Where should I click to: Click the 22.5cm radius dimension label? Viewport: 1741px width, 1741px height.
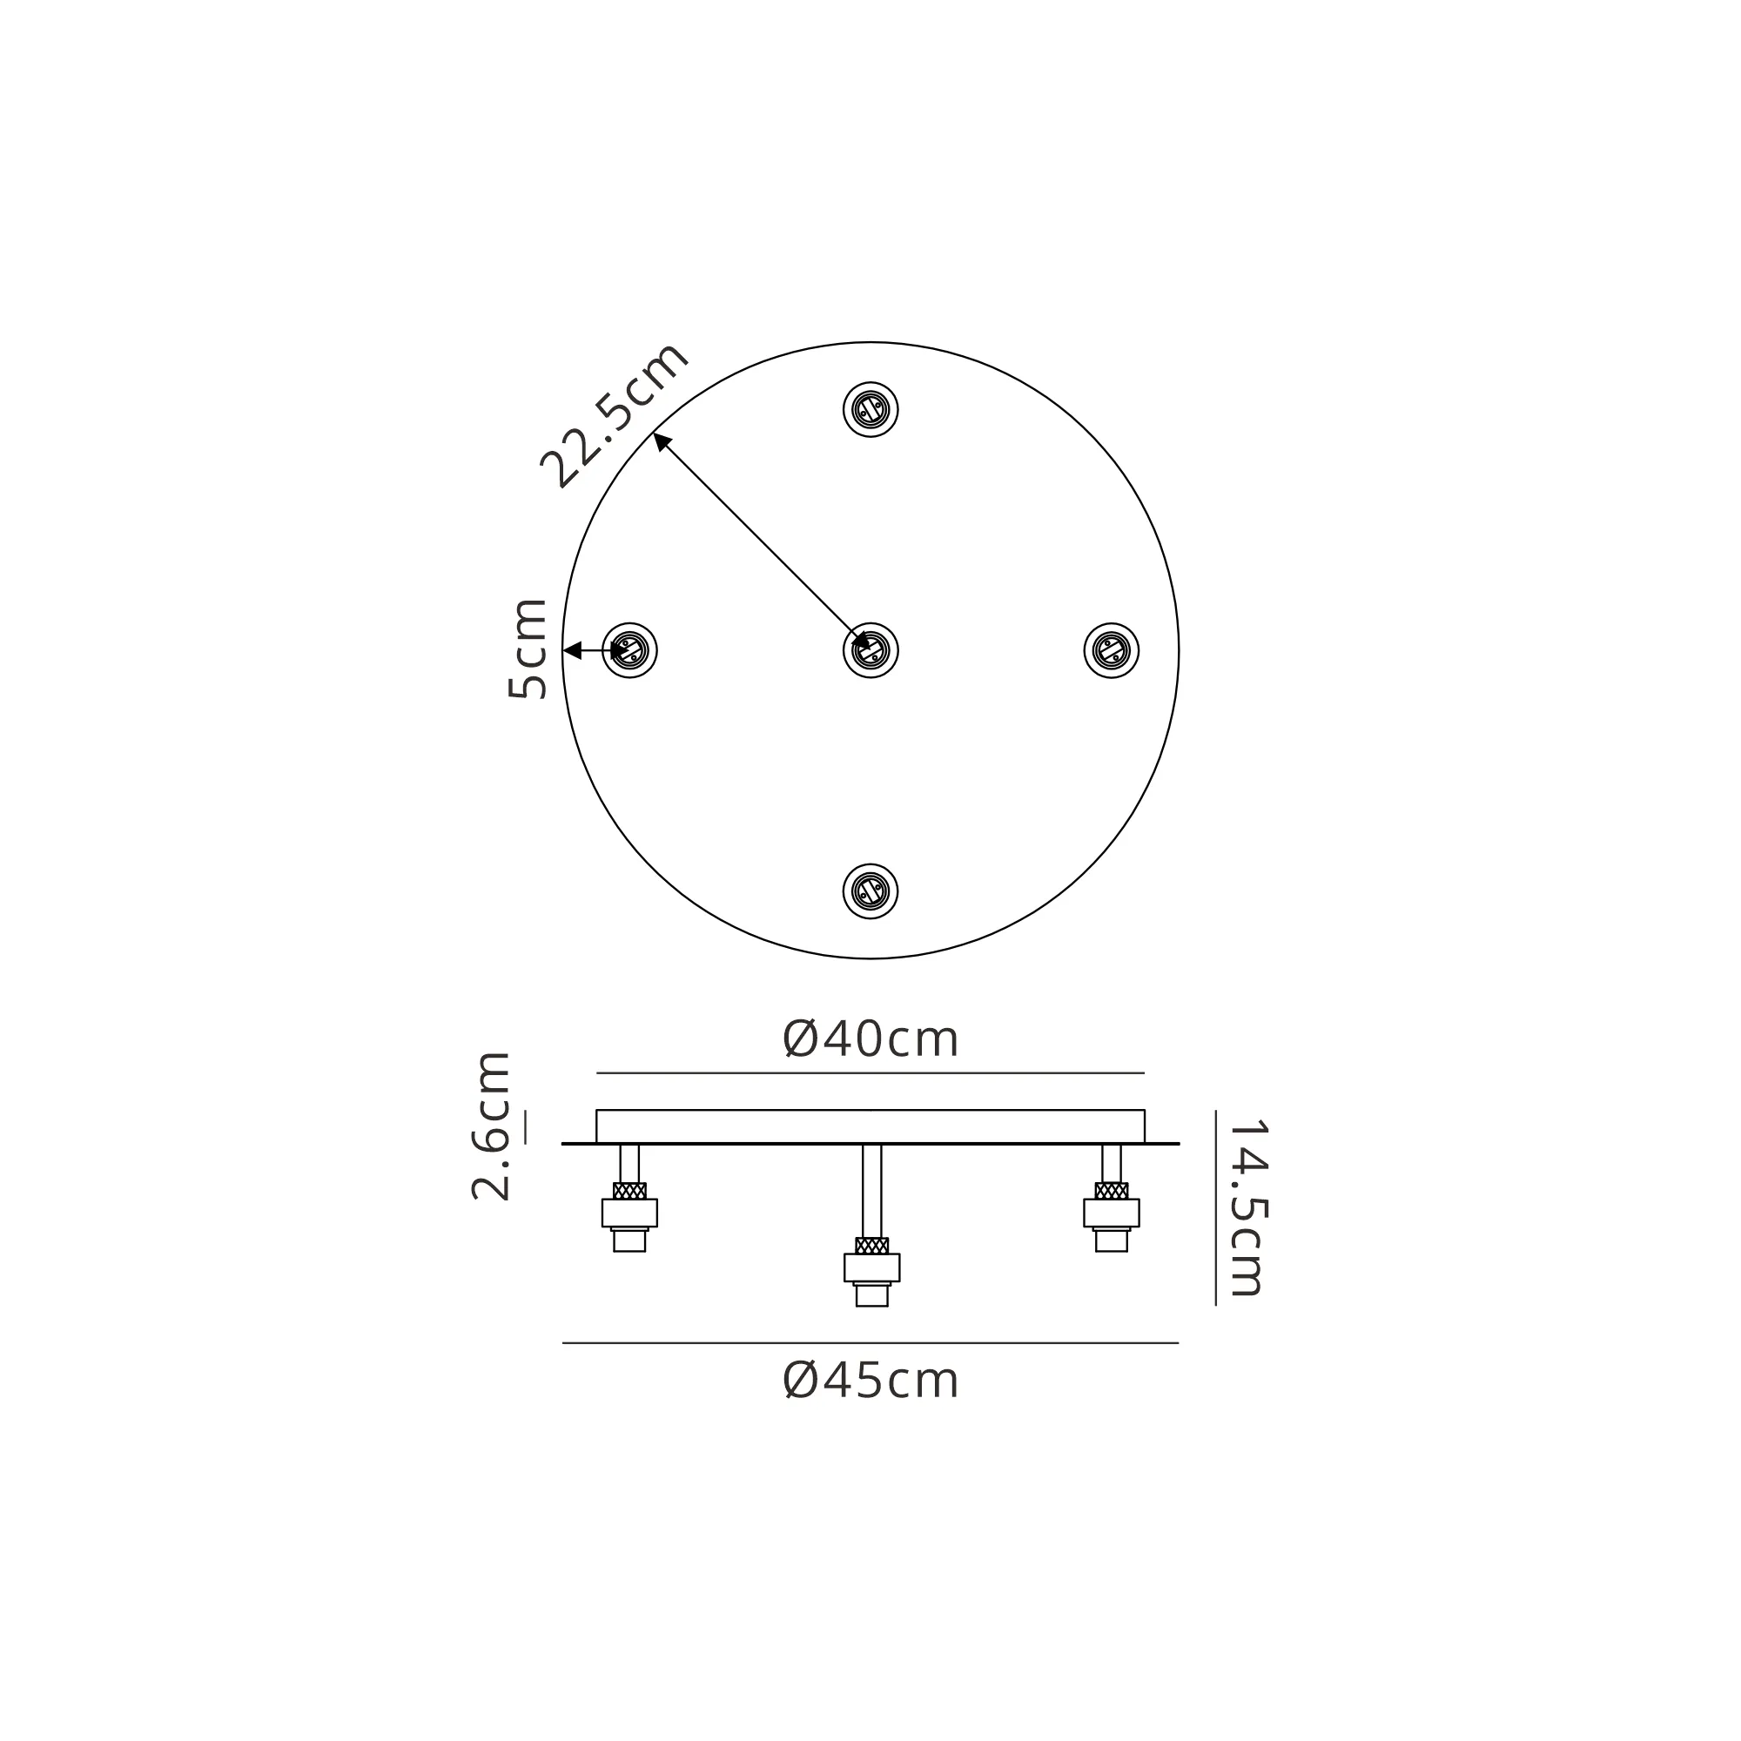pos(615,415)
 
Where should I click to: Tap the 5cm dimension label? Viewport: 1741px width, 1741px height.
pos(528,649)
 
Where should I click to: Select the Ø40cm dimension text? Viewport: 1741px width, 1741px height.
pos(870,1040)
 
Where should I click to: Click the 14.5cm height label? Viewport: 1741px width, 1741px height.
pos(1248,1207)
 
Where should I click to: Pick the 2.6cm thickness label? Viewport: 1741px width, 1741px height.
pos(491,1126)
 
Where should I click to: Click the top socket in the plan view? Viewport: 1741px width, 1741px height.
pos(870,410)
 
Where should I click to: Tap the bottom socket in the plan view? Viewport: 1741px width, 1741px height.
pos(870,892)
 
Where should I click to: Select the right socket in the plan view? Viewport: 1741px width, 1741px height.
pos(1111,649)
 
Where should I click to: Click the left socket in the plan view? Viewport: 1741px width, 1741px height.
pos(630,649)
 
